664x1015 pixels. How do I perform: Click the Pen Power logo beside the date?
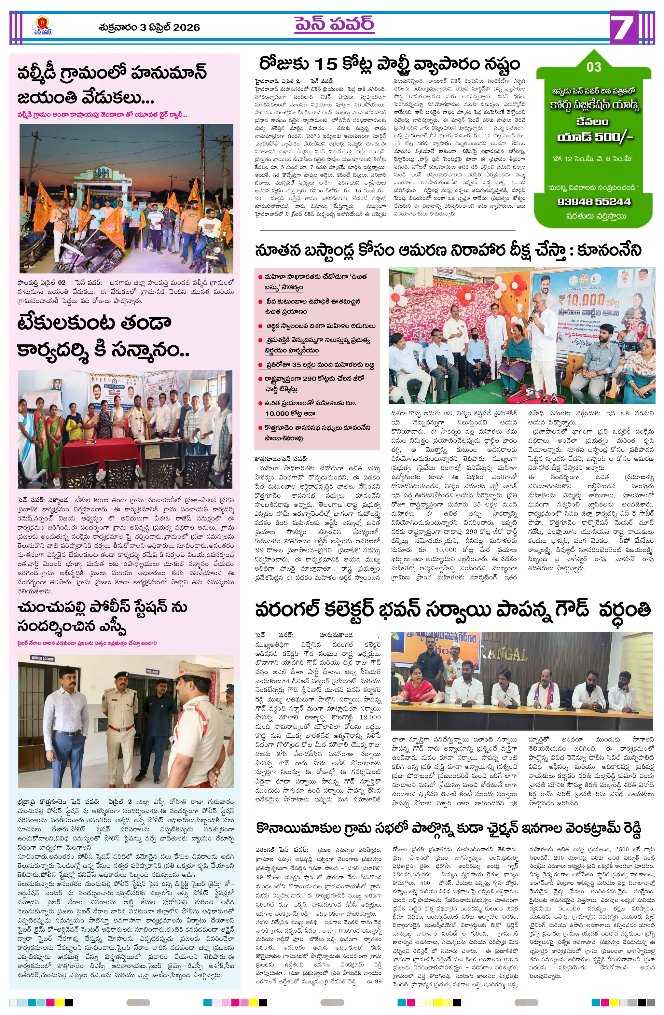coord(42,26)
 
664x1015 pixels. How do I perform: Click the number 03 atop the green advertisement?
coord(594,67)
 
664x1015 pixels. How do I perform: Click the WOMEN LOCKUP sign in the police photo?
coord(42,659)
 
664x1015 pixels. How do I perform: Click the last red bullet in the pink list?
coord(260,427)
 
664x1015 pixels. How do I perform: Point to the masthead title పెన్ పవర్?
coord(334,24)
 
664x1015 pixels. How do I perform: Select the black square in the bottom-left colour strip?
coord(69,1002)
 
